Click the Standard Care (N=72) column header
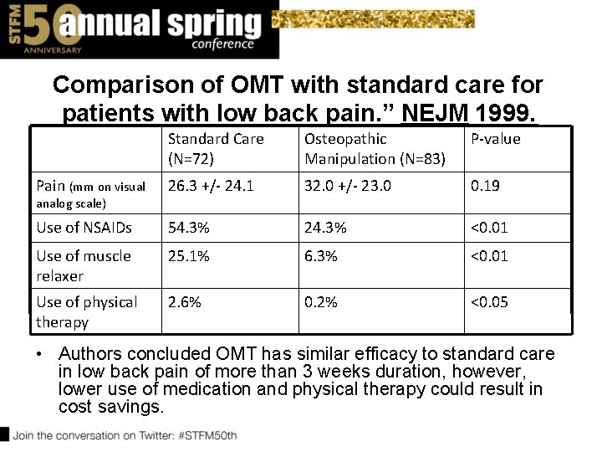[215, 149]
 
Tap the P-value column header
[495, 140]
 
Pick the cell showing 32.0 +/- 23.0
[347, 186]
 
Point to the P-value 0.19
[485, 186]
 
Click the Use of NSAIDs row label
[84, 227]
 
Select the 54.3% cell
[188, 227]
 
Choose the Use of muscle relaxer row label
[84, 265]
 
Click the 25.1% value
[188, 256]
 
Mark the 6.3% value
[321, 256]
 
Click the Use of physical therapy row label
[86, 311]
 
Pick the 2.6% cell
[184, 302]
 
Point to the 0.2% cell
[321, 302]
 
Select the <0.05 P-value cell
[489, 302]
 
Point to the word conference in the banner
[222, 44]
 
